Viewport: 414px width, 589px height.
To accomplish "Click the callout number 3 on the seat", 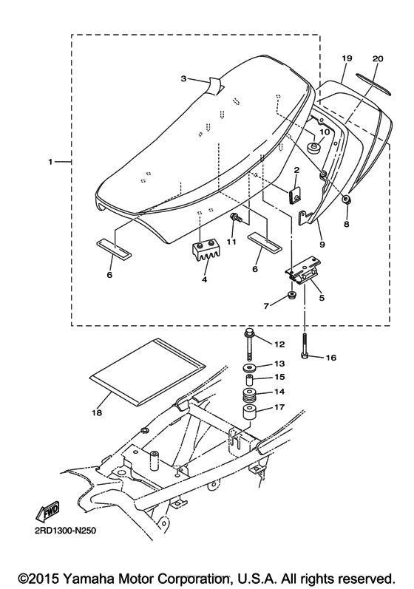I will click(184, 78).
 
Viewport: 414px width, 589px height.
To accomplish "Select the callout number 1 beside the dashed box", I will click(50, 161).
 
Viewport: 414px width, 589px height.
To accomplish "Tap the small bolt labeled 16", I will click(304, 347).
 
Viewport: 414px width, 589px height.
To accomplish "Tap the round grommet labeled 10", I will click(315, 149).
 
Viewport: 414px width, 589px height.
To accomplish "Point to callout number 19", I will click(345, 58).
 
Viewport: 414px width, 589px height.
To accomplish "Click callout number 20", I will click(378, 58).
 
